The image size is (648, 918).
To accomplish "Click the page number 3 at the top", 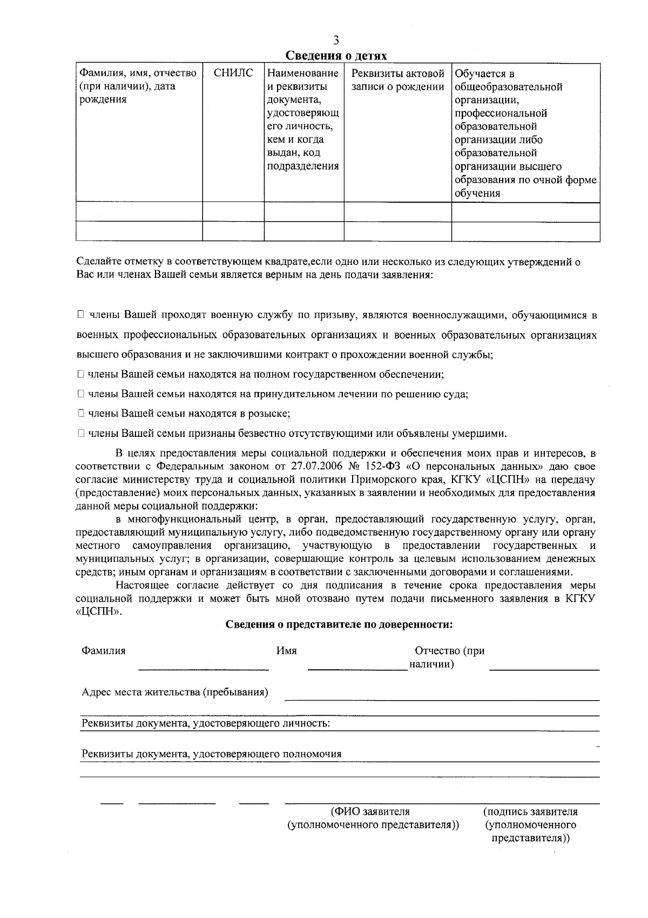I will [x=336, y=41].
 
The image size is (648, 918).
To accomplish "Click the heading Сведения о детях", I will [x=336, y=56].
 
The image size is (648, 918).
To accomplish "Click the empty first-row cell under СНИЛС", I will [x=233, y=212].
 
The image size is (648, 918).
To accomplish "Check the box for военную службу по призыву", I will [x=80, y=315].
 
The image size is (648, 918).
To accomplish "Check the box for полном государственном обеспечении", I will [x=80, y=374].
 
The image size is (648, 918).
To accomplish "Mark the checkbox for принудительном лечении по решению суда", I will [x=80, y=394].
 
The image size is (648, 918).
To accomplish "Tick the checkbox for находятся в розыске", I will [x=80, y=414].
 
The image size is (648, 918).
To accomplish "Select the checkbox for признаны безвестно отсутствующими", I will [x=80, y=433].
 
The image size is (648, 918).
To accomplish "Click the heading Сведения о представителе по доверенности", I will [x=339, y=625].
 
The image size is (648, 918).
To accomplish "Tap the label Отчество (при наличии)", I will [x=448, y=657].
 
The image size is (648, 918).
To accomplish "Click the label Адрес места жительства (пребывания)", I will [x=175, y=693].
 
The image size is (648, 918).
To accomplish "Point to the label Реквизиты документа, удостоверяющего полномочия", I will [x=211, y=754].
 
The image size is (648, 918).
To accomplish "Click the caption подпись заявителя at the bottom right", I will [x=531, y=811].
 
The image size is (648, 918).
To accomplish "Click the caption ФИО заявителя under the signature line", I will [x=370, y=811].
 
